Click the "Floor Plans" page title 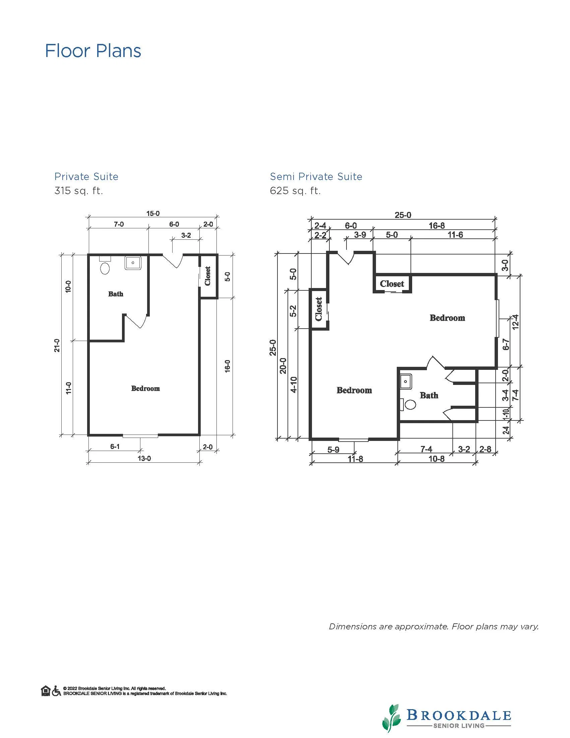[93, 51]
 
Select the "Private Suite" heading [86, 176]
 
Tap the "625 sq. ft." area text [295, 191]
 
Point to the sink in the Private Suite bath [133, 263]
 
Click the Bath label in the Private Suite [116, 294]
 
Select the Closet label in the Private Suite [208, 276]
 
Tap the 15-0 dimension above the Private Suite [153, 214]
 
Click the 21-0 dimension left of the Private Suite [57, 345]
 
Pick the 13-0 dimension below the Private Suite [144, 458]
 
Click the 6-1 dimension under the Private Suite [115, 446]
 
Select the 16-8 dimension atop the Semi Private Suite [437, 225]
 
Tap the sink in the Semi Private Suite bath [405, 382]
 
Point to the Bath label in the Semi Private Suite [429, 395]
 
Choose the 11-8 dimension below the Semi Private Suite [355, 459]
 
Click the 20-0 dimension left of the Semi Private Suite [283, 365]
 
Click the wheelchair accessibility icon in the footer [56, 691]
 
